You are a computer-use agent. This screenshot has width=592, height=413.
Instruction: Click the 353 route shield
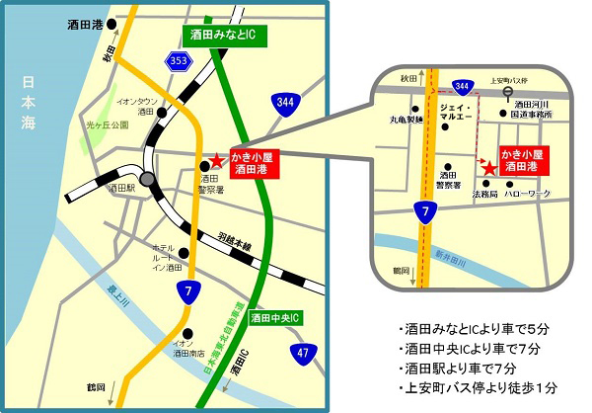tap(178, 62)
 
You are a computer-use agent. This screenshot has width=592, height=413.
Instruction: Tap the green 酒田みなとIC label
tap(221, 35)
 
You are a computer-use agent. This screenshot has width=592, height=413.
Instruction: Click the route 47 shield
tap(302, 352)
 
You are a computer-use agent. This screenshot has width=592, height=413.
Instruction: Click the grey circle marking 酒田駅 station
tap(147, 180)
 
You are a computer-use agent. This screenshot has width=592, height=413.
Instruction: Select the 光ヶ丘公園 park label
tap(108, 126)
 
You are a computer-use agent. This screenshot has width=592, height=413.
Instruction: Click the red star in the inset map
tap(488, 169)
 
